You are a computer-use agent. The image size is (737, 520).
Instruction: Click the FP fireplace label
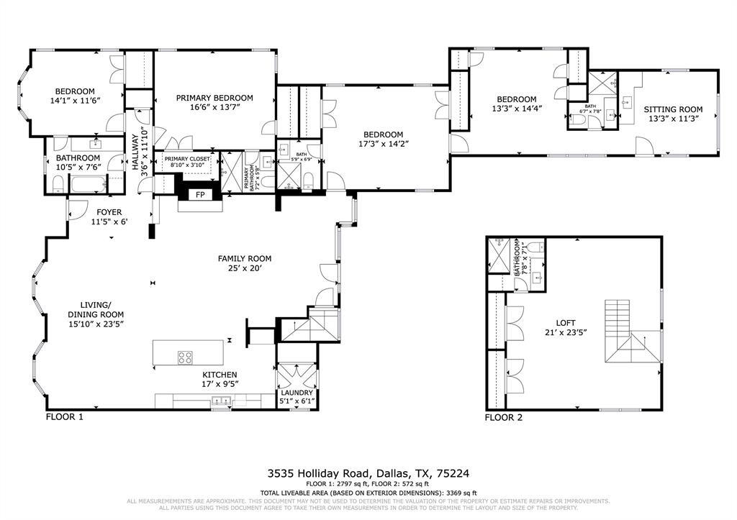click(200, 194)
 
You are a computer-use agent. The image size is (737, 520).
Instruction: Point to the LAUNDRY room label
click(297, 392)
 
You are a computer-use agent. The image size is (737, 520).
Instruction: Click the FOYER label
click(109, 212)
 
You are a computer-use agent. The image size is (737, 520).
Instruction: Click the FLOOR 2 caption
click(504, 417)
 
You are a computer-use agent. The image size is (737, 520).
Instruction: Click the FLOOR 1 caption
click(65, 416)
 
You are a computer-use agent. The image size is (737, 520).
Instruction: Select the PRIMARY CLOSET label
click(189, 158)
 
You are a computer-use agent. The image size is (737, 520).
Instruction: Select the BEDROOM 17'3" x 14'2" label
click(383, 134)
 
